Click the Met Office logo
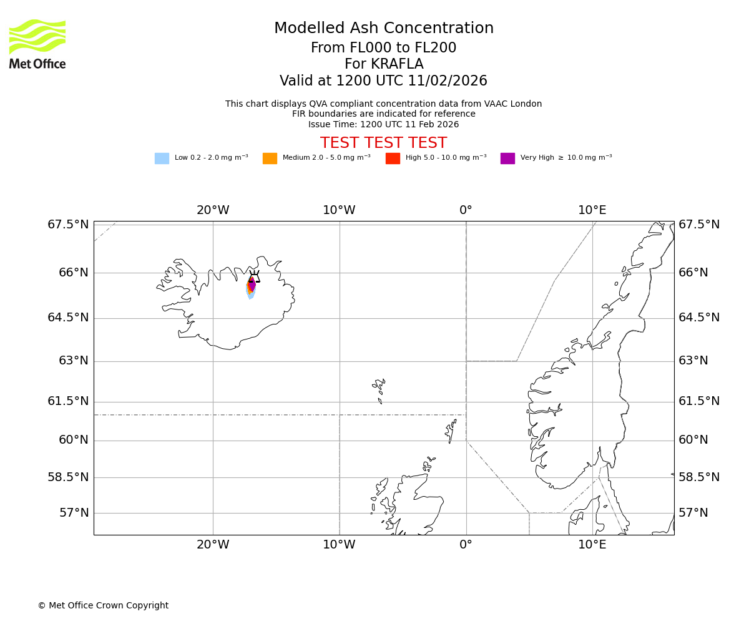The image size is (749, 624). point(37,44)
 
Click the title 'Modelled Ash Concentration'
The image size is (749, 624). point(383,29)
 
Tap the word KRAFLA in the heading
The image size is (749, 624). point(383,64)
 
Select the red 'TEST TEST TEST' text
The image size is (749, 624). point(383,143)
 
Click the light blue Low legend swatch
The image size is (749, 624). point(162,158)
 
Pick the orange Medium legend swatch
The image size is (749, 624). point(270,158)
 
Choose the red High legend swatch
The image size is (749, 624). point(393,158)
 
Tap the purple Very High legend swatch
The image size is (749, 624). point(507,158)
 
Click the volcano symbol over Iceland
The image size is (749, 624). point(254,276)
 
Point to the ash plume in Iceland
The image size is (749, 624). point(251,289)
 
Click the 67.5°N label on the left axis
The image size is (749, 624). point(68,225)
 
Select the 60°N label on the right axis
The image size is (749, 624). point(693,440)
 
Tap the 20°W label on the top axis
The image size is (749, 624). point(213,210)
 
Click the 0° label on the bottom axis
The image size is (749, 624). point(466,545)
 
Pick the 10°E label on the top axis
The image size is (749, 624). point(592,210)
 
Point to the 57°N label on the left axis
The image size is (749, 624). point(74,513)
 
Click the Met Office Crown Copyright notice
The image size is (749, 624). point(103,605)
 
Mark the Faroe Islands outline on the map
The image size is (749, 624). point(379,388)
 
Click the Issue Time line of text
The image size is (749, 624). point(383,124)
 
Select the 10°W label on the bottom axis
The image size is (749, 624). point(339,545)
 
